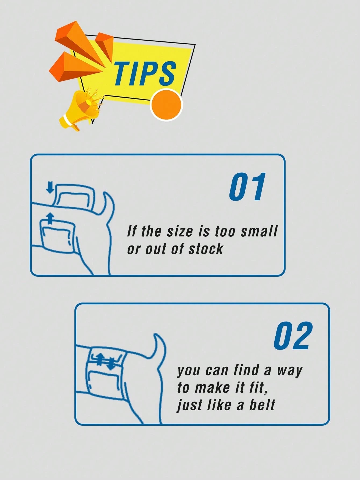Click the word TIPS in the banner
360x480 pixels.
pos(145,73)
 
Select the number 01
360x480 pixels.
pos(247,187)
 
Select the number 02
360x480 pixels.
pos(293,336)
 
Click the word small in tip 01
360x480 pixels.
pos(259,232)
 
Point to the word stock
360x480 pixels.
pos(206,249)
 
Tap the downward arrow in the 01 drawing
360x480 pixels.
pos(50,188)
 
